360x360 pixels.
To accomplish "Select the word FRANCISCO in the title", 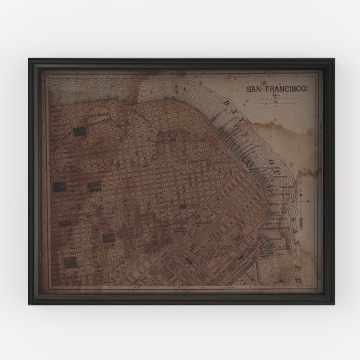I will point(287,90).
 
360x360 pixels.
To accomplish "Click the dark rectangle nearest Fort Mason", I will point(79,131).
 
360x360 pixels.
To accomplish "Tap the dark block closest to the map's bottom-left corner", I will point(70,262).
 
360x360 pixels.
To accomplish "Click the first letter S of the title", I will point(250,90).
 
